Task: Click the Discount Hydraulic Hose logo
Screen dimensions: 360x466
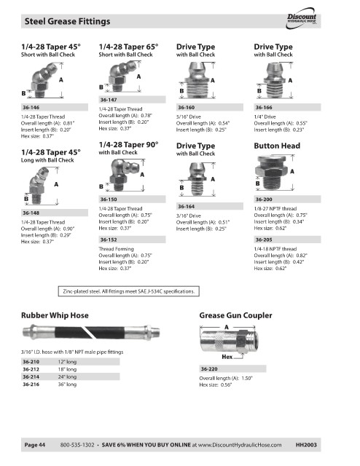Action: pos(302,18)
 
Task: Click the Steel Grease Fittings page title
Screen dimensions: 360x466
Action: pos(67,21)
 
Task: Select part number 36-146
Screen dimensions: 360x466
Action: pos(31,107)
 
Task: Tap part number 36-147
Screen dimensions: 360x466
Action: pos(109,100)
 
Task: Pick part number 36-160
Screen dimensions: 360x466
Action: pos(186,107)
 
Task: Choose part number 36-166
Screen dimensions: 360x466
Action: pos(264,107)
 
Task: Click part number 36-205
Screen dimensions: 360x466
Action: pos(264,240)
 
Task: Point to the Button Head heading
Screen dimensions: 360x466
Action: pos(277,146)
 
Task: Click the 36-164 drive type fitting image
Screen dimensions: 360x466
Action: pos(197,179)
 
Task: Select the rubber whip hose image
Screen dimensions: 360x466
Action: pos(91,332)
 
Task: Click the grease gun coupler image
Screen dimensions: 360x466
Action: pos(229,341)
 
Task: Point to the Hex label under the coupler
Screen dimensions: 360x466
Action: pos(227,357)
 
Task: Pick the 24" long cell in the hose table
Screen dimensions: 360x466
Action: pos(67,376)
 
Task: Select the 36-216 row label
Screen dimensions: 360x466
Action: pos(31,384)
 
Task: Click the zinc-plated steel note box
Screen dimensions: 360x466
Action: pos(128,291)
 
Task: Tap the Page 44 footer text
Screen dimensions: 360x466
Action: pos(35,445)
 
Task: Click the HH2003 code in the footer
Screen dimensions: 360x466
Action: pos(306,445)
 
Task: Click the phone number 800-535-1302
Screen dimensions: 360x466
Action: pos(77,445)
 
